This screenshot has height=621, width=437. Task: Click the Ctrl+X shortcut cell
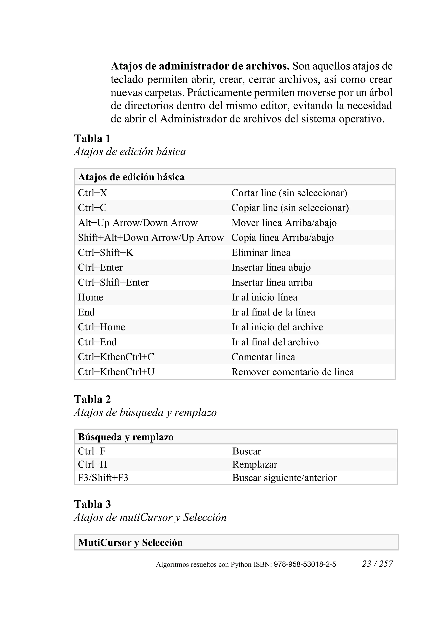(93, 193)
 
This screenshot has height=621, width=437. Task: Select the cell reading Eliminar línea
(261, 252)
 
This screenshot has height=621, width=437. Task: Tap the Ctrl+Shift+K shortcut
(106, 252)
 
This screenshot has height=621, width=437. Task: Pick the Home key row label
(90, 297)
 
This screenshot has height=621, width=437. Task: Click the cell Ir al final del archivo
(275, 342)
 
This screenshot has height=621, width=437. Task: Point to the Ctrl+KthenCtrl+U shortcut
(116, 372)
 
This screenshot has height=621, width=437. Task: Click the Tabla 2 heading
(92, 399)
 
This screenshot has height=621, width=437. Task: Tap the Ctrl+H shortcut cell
(93, 464)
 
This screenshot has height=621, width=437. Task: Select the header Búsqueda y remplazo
(126, 437)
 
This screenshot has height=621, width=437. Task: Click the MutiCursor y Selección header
(130, 542)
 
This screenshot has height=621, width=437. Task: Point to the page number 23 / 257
(377, 564)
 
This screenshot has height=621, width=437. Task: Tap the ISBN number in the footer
(305, 564)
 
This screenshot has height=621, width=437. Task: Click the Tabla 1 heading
(92, 138)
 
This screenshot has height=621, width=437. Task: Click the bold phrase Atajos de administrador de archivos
(200, 66)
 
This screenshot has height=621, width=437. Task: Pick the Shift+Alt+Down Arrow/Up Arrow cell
(151, 237)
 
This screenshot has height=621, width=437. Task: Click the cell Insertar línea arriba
(272, 282)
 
